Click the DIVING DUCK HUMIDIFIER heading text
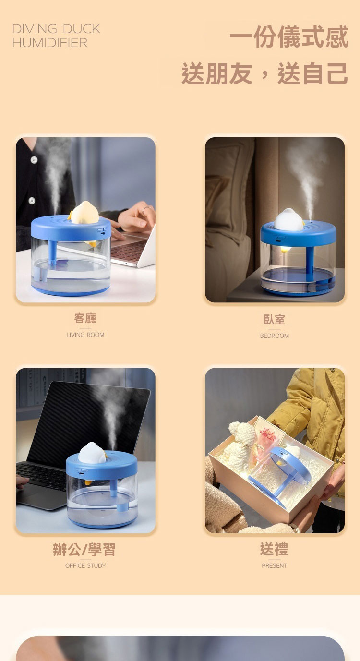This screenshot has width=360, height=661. click(56, 36)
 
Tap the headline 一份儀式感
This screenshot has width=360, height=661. click(289, 36)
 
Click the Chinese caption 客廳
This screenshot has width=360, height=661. click(85, 318)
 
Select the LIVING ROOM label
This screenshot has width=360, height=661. click(85, 335)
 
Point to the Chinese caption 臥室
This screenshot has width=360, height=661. click(275, 319)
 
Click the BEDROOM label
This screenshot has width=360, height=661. click(275, 336)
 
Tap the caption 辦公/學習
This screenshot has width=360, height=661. click(84, 550)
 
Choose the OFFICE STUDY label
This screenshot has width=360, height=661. click(85, 565)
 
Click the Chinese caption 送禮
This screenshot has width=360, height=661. click(274, 549)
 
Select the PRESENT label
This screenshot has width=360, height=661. click(275, 565)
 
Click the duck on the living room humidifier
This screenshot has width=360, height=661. click(84, 213)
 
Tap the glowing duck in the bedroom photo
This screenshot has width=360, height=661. click(289, 220)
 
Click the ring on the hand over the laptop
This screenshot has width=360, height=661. click(145, 209)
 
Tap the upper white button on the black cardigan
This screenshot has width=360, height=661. click(34, 160)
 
